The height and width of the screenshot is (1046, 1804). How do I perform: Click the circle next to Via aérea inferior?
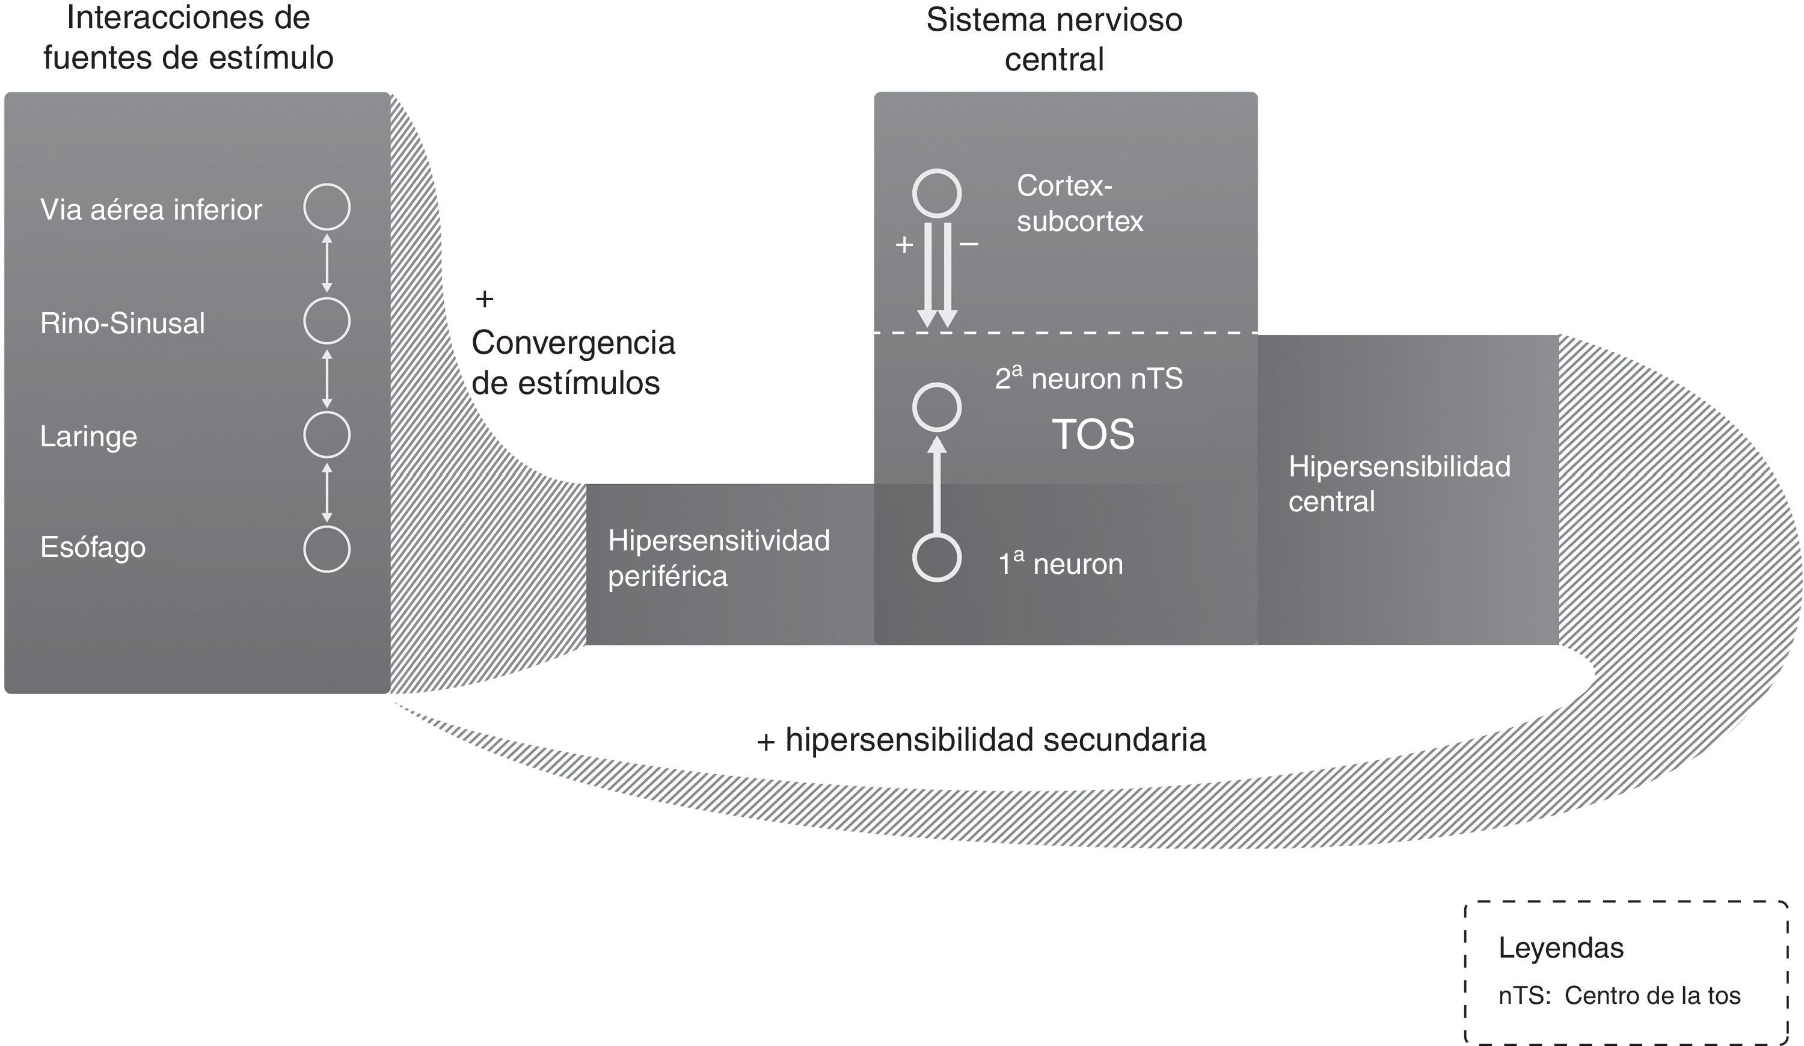coord(327,207)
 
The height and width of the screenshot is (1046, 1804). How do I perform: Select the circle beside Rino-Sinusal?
coord(327,321)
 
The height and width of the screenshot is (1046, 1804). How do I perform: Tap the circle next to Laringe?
coord(327,435)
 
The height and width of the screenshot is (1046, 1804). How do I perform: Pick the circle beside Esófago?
coord(327,549)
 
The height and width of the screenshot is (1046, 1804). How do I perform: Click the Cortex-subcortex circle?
coord(936,193)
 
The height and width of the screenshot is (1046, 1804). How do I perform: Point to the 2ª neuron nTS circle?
coord(936,407)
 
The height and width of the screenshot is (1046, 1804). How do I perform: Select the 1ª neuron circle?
coord(936,558)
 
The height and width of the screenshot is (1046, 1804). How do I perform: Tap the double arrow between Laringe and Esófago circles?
coord(327,492)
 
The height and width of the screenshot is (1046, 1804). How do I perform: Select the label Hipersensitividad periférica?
coord(718,558)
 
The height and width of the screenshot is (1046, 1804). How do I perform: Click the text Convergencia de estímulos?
coord(572,363)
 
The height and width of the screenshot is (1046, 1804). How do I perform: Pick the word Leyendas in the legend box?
coord(1560,948)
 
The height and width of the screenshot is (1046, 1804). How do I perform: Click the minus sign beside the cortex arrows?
coord(969,245)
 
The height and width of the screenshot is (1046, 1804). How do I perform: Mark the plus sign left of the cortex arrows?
coord(904,245)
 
